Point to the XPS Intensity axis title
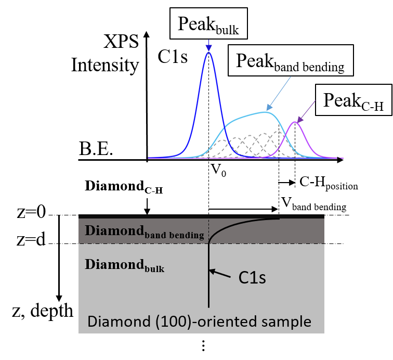(x=106, y=54)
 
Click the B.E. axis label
(x=97, y=151)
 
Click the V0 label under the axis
(x=218, y=170)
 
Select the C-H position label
(x=329, y=183)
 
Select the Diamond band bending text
(x=144, y=232)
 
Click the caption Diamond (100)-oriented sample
(x=200, y=322)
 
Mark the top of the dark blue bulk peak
(x=208, y=52)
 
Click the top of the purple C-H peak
(x=295, y=122)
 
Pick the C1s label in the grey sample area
(x=252, y=278)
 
